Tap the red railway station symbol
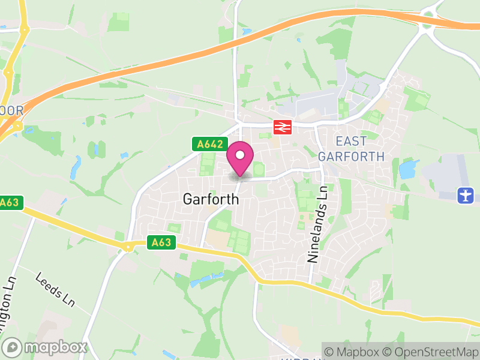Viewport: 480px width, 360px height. point(282,127)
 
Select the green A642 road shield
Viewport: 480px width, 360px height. point(209,145)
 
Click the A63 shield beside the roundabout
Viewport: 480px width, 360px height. point(161,242)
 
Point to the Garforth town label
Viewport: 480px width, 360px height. point(210,199)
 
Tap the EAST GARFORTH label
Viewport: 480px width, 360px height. point(351,149)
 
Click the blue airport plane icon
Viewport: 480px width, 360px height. point(465,195)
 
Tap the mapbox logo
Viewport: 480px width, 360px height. point(46,347)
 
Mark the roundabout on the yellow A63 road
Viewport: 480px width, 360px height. point(127,247)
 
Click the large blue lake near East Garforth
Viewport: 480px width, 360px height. point(408,169)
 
